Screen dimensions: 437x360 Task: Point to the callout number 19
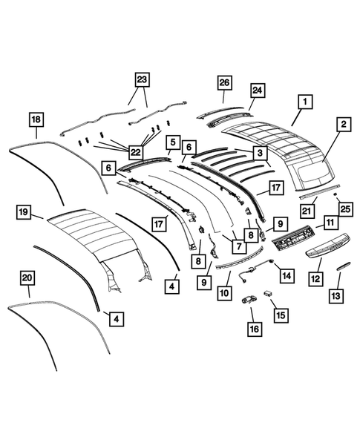[x=24, y=214]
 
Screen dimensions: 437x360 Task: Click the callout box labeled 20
[x=27, y=277]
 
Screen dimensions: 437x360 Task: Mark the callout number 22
[x=134, y=151]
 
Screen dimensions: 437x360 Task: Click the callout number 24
[x=258, y=91]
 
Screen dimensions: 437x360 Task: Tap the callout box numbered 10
[x=222, y=292]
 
